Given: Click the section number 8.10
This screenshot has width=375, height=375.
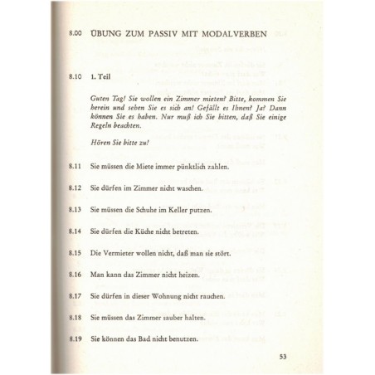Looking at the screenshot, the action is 79,76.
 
